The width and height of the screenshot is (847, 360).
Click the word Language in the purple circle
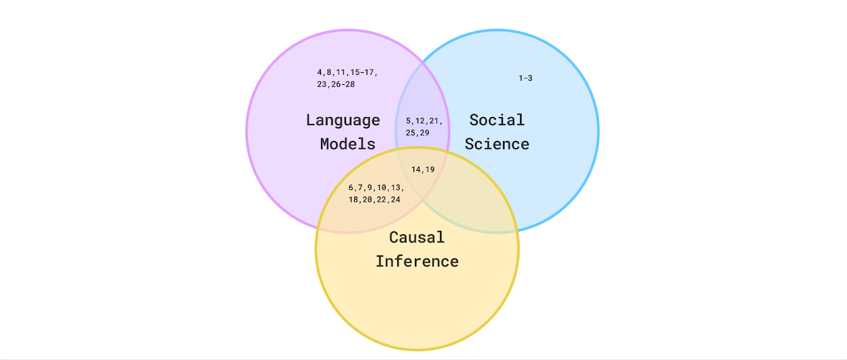point(343,120)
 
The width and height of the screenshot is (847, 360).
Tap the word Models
point(347,144)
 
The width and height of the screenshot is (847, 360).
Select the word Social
point(496,120)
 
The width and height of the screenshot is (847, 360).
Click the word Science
point(496,144)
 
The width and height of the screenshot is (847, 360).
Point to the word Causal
point(417,238)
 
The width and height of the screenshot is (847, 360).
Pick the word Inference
point(417,261)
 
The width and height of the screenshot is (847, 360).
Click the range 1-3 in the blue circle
point(525,78)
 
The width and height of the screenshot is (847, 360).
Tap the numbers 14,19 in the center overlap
point(423,169)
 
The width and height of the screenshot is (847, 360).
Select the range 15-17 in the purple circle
point(362,72)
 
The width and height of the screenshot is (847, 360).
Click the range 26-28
point(343,84)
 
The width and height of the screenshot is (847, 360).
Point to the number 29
point(424,133)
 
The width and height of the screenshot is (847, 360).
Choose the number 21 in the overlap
point(433,121)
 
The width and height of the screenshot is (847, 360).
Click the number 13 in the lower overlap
point(396,187)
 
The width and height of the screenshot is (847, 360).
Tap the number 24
point(396,200)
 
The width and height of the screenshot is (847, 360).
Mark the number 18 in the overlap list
point(353,200)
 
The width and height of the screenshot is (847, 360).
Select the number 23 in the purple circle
point(322,84)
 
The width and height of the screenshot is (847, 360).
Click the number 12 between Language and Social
point(420,121)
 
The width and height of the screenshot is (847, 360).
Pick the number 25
point(410,133)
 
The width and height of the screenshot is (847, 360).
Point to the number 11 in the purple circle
point(341,72)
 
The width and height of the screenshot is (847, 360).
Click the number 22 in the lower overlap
point(381,200)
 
